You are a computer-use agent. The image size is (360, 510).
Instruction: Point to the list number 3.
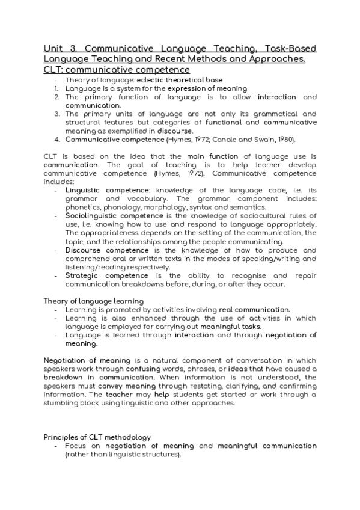[x=56, y=114]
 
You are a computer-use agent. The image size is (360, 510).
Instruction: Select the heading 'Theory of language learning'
[x=93, y=300]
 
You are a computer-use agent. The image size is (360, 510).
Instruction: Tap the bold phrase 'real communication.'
[x=255, y=309]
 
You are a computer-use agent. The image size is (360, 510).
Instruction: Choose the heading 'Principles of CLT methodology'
[x=97, y=437]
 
